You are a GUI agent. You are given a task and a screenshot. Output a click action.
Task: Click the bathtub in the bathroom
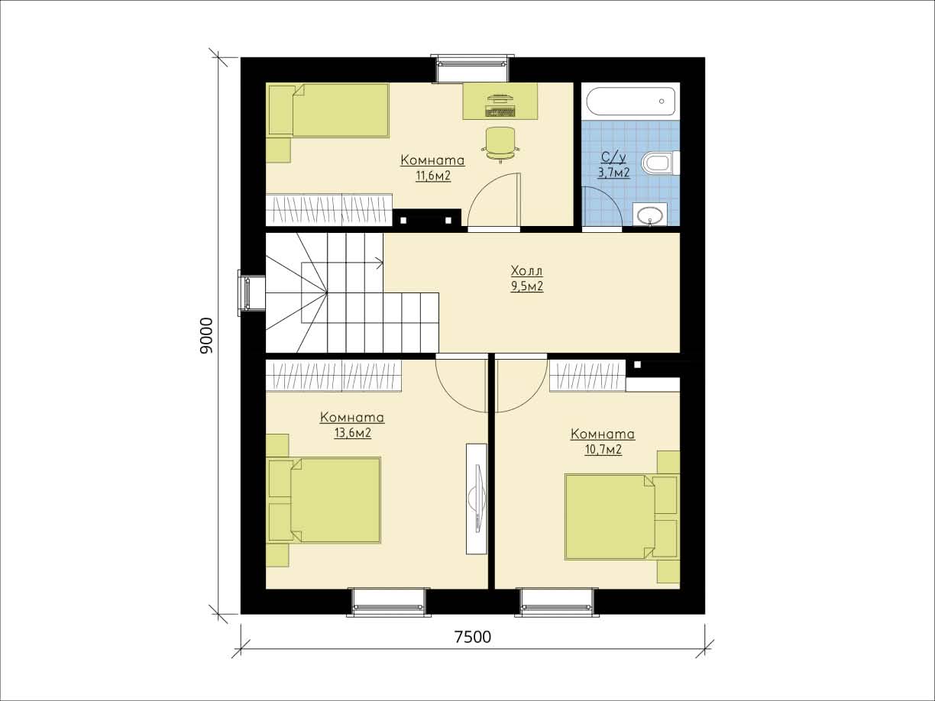pos(631,101)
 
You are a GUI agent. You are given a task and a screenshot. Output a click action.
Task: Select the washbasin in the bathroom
pos(649,214)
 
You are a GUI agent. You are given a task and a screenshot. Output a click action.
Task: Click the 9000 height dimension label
pos(205,335)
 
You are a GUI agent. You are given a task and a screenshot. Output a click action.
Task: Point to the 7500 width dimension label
pos(473,637)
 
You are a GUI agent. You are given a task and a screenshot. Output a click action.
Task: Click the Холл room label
pos(527,270)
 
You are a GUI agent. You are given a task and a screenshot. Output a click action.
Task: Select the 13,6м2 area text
pos(353,433)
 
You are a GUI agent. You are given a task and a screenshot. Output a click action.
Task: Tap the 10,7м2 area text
pos(603,450)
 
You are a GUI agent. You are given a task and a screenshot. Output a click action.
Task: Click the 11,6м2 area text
pos(433,176)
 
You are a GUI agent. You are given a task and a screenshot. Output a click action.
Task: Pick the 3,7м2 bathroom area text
pos(614,173)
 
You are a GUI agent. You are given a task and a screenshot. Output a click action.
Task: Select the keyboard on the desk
pos(500,111)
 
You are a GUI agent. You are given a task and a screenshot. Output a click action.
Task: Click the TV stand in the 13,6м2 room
pos(476,499)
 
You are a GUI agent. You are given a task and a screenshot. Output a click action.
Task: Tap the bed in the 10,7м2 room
pos(623,517)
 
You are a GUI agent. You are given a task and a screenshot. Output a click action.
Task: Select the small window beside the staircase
pos(246,292)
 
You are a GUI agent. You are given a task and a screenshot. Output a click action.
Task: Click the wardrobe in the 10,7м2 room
pos(587,376)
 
